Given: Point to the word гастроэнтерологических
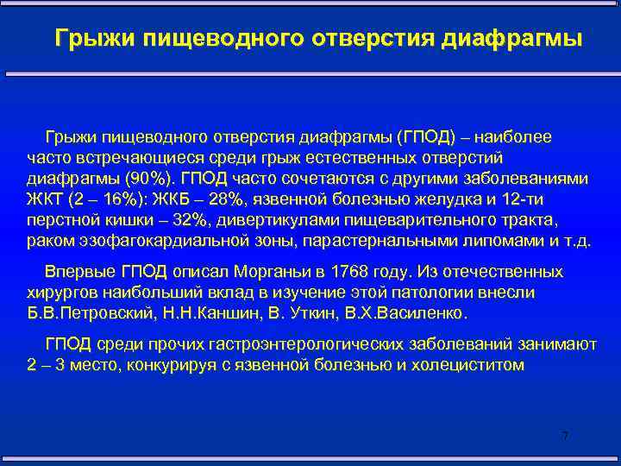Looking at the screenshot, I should point(267,343).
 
